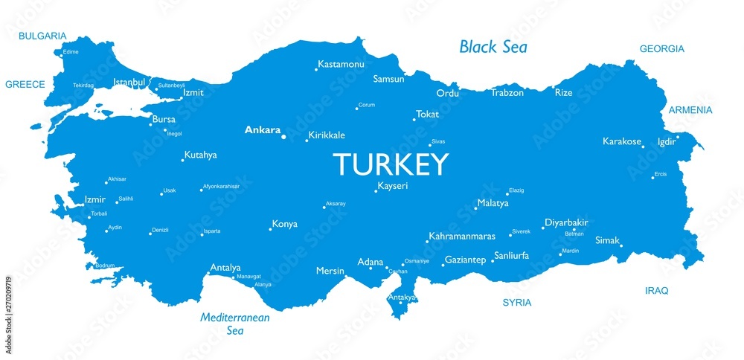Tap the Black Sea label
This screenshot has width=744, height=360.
point(493,48)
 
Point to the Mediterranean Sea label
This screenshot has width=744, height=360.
point(235,324)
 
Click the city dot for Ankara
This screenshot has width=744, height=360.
point(283,136)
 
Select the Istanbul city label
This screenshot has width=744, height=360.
point(129,82)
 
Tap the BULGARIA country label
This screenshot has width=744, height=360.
point(42,36)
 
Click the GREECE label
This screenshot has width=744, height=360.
point(25,84)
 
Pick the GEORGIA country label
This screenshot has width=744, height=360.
point(661,49)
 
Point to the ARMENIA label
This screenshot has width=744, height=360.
point(690,110)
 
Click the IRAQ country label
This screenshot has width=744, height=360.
point(657,291)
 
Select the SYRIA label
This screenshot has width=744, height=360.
point(517,303)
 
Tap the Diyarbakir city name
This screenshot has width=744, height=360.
point(567,222)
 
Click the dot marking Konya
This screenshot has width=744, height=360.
point(270,228)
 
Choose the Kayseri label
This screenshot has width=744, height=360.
point(394,186)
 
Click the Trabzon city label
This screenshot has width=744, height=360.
point(507,93)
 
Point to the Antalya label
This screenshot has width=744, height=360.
point(225,267)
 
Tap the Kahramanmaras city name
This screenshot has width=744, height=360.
point(462,237)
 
